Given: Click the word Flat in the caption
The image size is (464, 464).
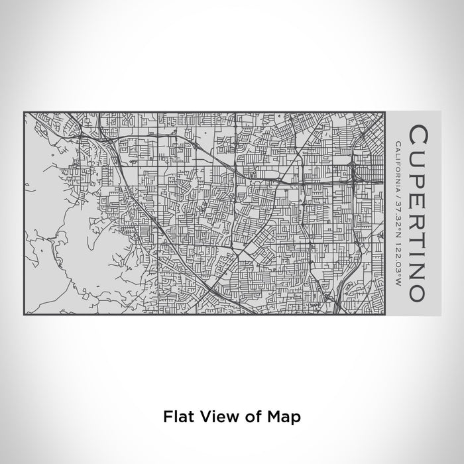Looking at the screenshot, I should click(x=174, y=416).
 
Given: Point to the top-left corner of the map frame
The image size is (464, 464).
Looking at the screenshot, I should click(x=24, y=112).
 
